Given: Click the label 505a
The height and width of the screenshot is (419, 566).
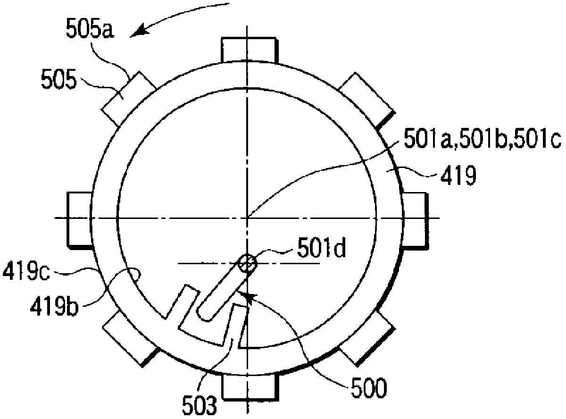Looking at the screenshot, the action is (x=90, y=29).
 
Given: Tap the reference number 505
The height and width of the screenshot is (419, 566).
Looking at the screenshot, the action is (x=59, y=79).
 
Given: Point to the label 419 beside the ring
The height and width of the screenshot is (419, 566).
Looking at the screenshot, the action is (x=458, y=175).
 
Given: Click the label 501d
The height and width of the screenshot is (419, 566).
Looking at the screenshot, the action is (x=321, y=248).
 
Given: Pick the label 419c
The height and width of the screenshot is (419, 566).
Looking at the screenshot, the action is (x=26, y=271).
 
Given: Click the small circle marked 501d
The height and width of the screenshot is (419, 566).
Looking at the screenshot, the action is (x=247, y=264).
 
